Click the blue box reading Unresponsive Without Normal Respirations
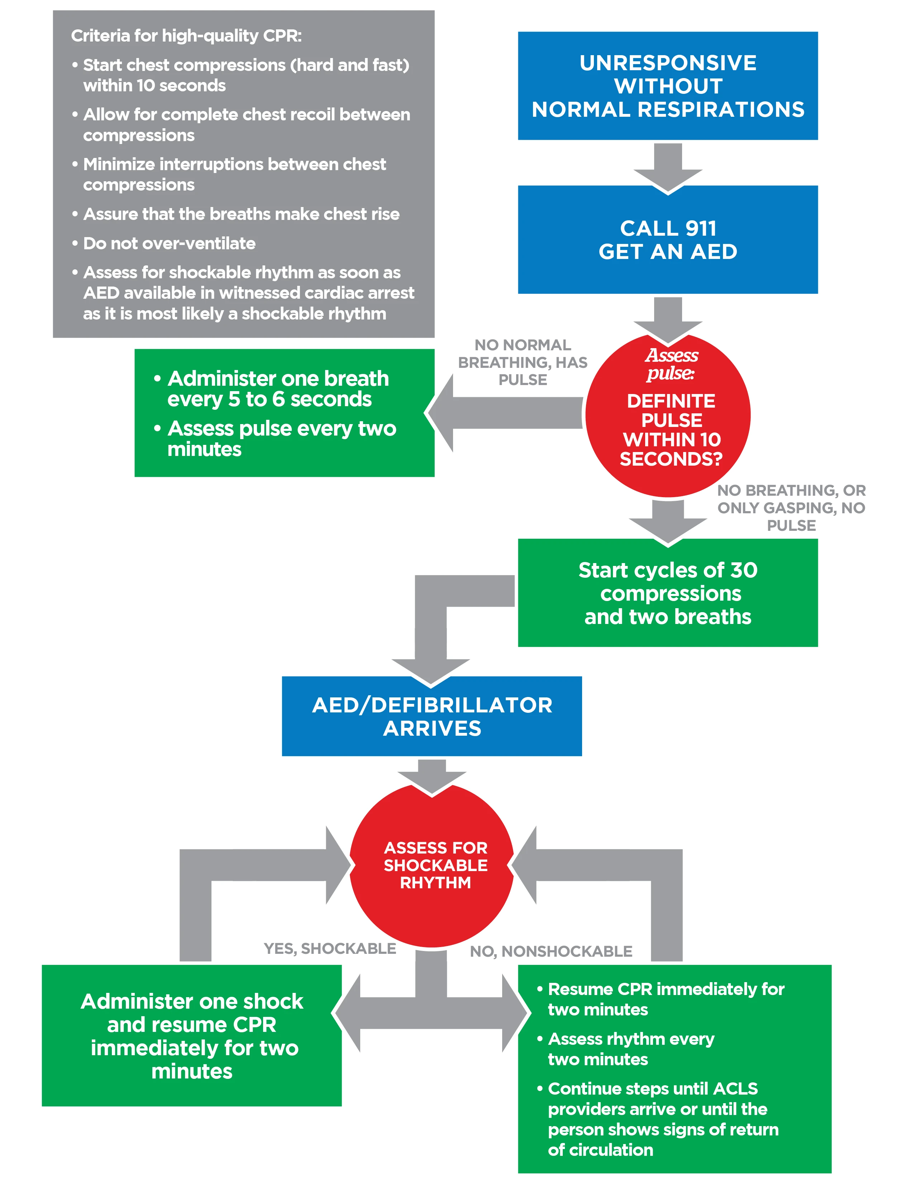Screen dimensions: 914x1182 (668, 86)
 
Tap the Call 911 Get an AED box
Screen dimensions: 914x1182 (668, 239)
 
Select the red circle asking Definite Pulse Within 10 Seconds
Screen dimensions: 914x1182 (668, 415)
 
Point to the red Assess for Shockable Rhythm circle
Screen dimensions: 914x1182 (432, 865)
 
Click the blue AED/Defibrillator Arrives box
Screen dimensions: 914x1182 (432, 716)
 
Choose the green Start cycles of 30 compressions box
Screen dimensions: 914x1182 (668, 593)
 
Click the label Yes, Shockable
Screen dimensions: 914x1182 (330, 948)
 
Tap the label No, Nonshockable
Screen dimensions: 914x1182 (551, 951)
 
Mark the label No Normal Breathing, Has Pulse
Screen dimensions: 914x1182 (523, 362)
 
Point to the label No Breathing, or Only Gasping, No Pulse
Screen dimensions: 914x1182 (791, 508)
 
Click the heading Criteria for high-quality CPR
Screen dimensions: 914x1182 (186, 36)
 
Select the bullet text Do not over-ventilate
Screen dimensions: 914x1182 (169, 244)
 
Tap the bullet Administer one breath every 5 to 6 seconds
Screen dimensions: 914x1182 (271, 389)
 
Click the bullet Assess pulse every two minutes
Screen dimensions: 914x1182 (275, 438)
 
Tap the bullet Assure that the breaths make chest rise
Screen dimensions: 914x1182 (235, 214)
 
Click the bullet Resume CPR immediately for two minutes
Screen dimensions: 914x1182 (661, 999)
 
